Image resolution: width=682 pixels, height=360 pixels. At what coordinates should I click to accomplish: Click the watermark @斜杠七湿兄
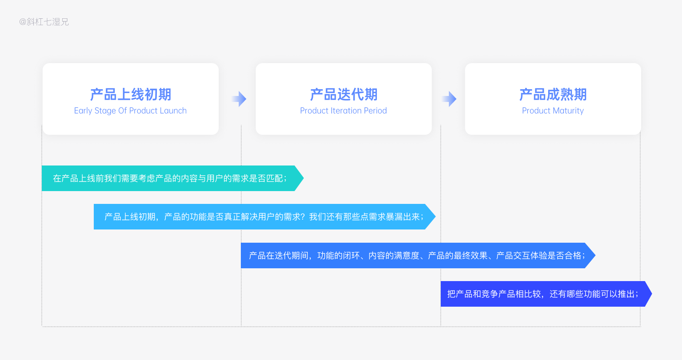44,22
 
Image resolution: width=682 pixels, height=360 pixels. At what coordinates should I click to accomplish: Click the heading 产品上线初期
130,94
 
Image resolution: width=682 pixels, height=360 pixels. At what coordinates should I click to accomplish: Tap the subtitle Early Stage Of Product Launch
130,111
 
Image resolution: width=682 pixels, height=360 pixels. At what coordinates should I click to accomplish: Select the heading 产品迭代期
344,94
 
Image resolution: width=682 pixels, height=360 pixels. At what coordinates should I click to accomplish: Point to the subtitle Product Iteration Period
344,110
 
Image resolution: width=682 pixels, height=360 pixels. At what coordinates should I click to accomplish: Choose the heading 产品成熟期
553,94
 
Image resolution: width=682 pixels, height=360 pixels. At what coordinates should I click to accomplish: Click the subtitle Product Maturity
553,111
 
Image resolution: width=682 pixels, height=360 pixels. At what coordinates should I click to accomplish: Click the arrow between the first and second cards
239,99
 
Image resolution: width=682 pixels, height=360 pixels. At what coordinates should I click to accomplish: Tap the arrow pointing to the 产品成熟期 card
449,99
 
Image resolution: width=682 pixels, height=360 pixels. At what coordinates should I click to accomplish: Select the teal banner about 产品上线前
173,178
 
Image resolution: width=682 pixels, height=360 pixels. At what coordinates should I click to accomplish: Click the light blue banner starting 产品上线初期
265,217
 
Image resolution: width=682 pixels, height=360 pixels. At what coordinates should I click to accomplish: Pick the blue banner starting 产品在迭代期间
418,255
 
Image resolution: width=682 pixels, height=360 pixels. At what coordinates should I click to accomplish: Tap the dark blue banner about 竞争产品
546,294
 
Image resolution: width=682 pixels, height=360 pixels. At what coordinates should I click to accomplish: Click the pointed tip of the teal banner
303,178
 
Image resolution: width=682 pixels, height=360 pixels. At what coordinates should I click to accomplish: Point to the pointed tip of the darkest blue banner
652,294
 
